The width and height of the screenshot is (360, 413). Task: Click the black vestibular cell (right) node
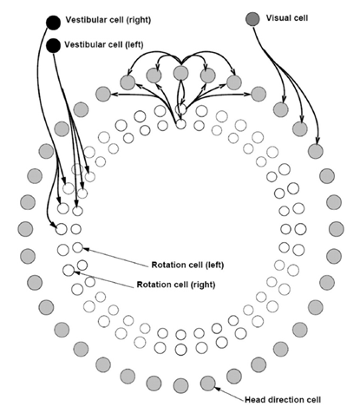(54, 23)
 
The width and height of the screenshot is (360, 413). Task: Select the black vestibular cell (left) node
(54, 46)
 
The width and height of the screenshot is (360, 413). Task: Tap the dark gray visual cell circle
(252, 19)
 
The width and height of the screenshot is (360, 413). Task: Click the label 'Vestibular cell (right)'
(108, 20)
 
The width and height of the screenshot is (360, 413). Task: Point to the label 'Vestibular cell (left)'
(104, 44)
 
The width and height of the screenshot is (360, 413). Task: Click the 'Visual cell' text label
(287, 18)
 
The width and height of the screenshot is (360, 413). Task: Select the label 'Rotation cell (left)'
(187, 265)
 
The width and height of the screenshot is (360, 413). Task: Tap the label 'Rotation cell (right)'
(176, 285)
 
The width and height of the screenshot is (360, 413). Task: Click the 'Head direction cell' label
(283, 400)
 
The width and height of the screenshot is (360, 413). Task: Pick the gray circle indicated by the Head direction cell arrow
(208, 383)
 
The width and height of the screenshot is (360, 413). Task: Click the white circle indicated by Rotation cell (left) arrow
(77, 247)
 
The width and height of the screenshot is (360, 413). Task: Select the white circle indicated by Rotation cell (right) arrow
(69, 270)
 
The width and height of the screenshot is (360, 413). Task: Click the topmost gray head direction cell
(181, 73)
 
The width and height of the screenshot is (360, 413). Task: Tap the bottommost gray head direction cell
(181, 386)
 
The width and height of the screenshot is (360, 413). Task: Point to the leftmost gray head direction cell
(25, 229)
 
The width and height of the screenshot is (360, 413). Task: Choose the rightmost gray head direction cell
(337, 229)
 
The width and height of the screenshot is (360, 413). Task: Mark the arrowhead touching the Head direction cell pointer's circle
(218, 390)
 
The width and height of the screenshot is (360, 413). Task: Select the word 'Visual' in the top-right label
(278, 18)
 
